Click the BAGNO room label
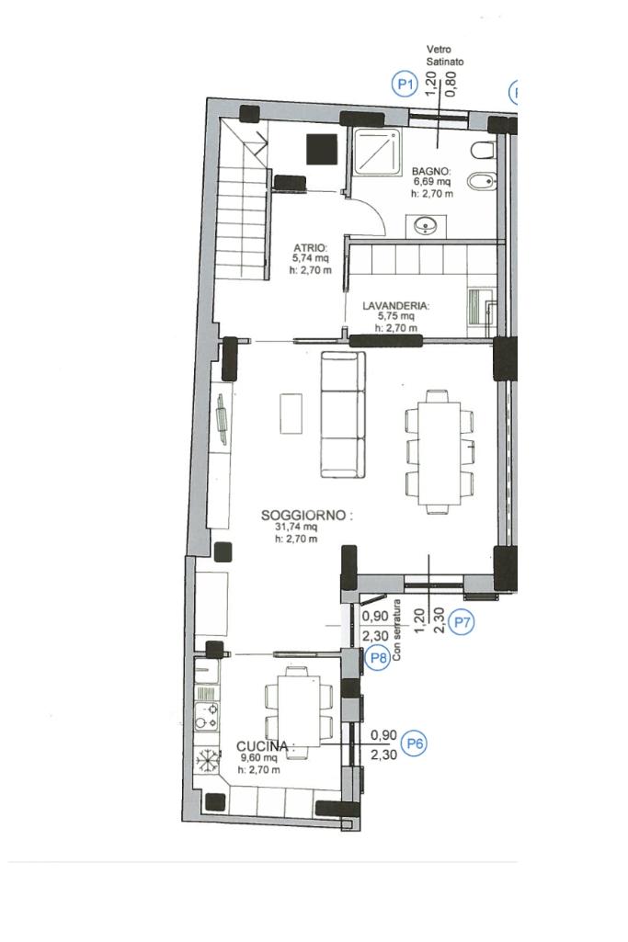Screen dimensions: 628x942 click(x=431, y=172)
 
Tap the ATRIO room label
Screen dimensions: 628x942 click(x=310, y=247)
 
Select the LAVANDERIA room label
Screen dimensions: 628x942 click(x=395, y=306)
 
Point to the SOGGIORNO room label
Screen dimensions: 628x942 click(x=304, y=515)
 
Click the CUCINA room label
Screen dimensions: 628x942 click(x=262, y=746)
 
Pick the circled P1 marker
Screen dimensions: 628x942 click(x=405, y=84)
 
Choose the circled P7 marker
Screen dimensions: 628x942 click(x=462, y=622)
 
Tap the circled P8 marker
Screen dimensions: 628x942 click(x=378, y=658)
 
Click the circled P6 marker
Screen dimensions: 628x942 click(x=415, y=743)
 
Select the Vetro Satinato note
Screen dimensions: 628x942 click(x=445, y=55)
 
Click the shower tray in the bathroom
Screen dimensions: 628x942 click(x=377, y=152)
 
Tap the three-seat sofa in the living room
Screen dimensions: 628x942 click(x=343, y=414)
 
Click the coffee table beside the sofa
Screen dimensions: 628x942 click(x=291, y=414)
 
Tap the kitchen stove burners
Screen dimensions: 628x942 click(x=206, y=716)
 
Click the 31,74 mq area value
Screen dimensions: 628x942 click(x=296, y=527)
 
